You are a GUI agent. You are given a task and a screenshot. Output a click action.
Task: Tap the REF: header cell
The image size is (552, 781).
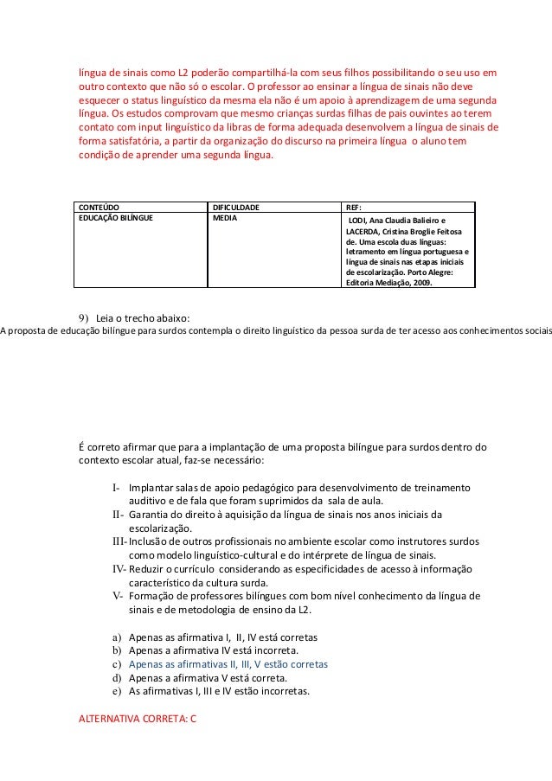tap(355, 208)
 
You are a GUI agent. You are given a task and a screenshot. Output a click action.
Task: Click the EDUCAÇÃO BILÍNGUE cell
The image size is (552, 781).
tap(116, 219)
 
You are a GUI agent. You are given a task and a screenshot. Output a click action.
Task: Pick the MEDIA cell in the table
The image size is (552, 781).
tap(224, 219)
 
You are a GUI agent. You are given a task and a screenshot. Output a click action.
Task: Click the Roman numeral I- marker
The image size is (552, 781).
tap(118, 489)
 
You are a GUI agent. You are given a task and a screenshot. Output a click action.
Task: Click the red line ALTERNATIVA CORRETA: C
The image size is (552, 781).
tap(138, 719)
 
